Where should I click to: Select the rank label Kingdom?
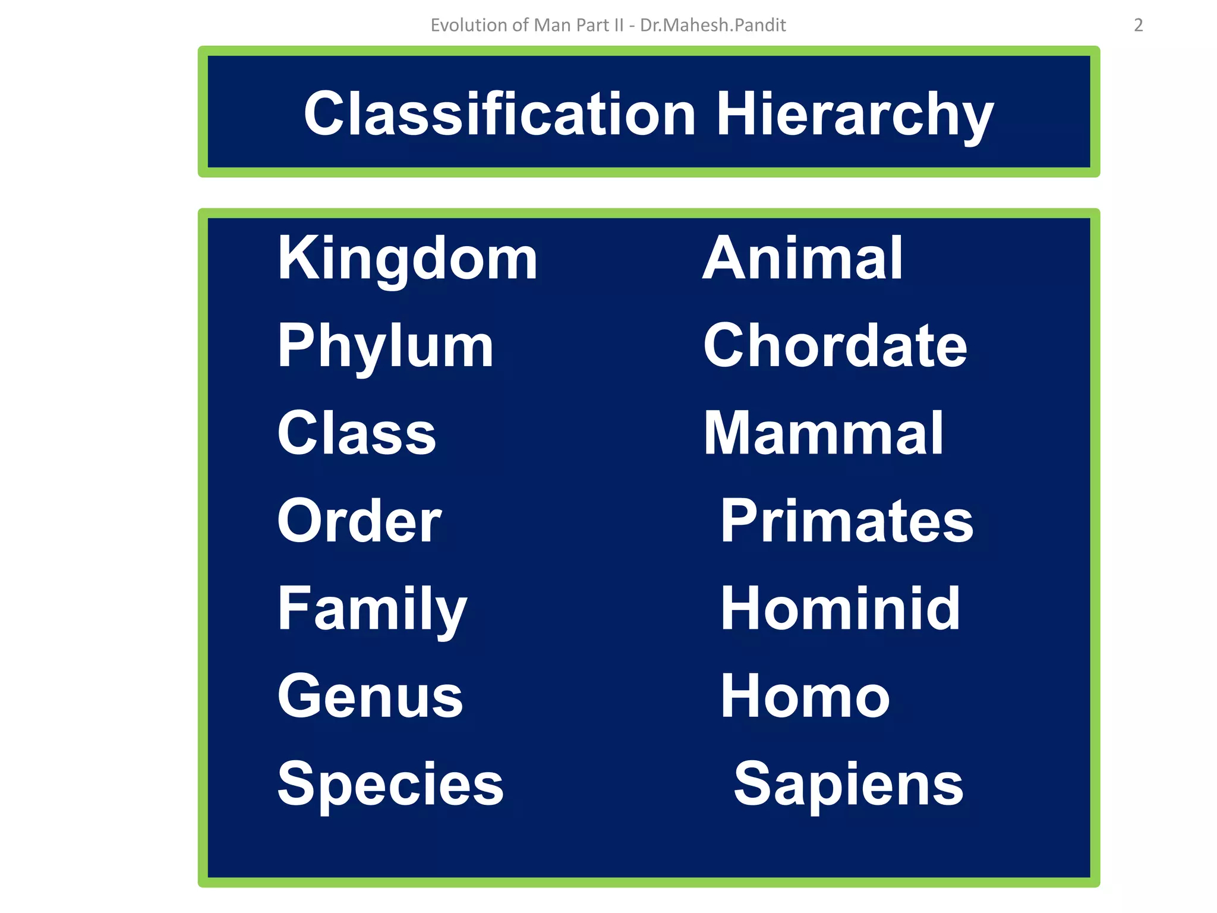tap(408, 259)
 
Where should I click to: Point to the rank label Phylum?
tap(386, 346)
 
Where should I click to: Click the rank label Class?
tap(357, 433)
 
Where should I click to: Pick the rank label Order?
tap(360, 521)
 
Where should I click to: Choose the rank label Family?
tap(373, 609)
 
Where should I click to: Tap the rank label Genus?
tap(370, 696)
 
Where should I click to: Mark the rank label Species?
tap(390, 784)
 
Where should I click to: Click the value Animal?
tap(802, 259)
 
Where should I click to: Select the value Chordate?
tap(835, 346)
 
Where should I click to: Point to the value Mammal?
tap(824, 433)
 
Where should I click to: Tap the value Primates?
tap(847, 521)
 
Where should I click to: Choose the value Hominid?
tap(840, 609)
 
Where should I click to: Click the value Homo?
tap(805, 696)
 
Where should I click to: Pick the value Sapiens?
tap(849, 784)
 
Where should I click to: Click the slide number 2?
tap(1138, 25)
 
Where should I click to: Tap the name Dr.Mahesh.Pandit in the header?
tap(712, 25)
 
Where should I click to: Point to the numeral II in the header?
tap(619, 25)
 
